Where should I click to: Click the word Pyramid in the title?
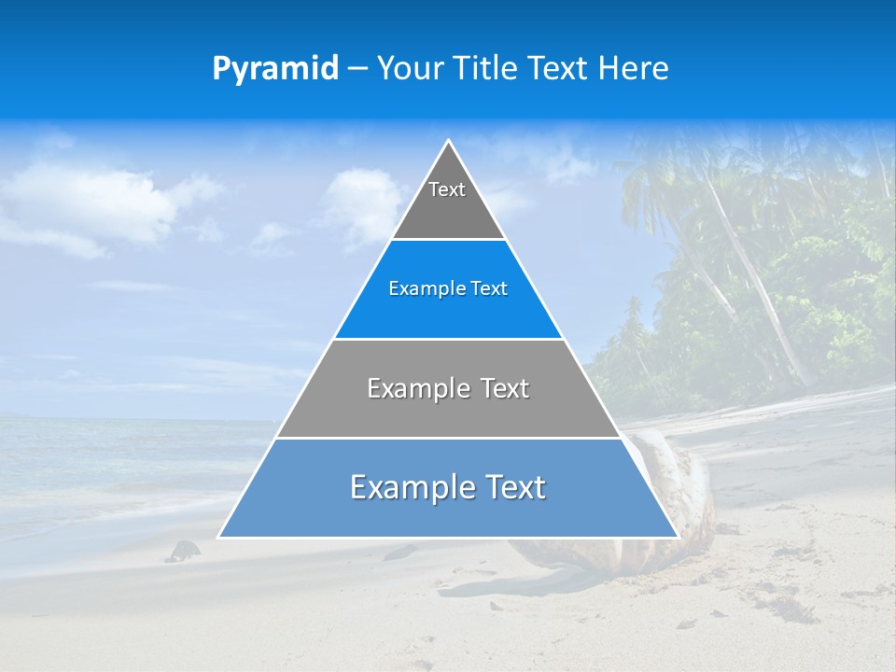pos(275,69)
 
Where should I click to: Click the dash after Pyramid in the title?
pos(357,70)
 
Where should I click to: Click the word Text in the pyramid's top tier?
pos(447,189)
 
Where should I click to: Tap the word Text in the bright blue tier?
pos(490,289)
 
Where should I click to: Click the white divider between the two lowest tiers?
pos(448,438)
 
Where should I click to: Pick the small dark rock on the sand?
pos(183,551)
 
